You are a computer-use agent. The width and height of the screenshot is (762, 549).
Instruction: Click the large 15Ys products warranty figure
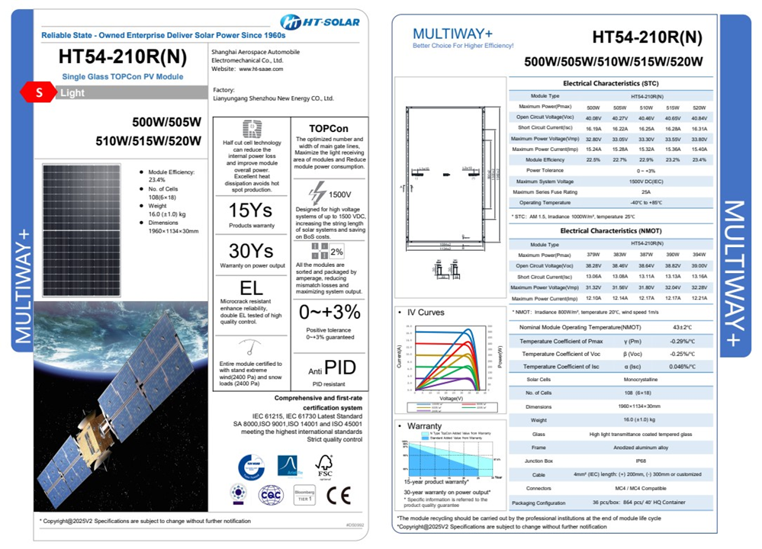point(251,210)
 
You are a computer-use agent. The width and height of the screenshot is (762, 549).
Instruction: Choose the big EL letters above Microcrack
point(251,288)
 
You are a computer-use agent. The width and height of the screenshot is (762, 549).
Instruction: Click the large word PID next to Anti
point(339,368)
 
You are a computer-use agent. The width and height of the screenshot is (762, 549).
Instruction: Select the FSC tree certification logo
point(324,465)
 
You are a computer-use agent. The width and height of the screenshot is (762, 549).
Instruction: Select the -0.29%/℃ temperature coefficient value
point(682,342)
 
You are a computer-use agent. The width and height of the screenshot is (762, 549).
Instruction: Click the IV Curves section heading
point(425,313)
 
